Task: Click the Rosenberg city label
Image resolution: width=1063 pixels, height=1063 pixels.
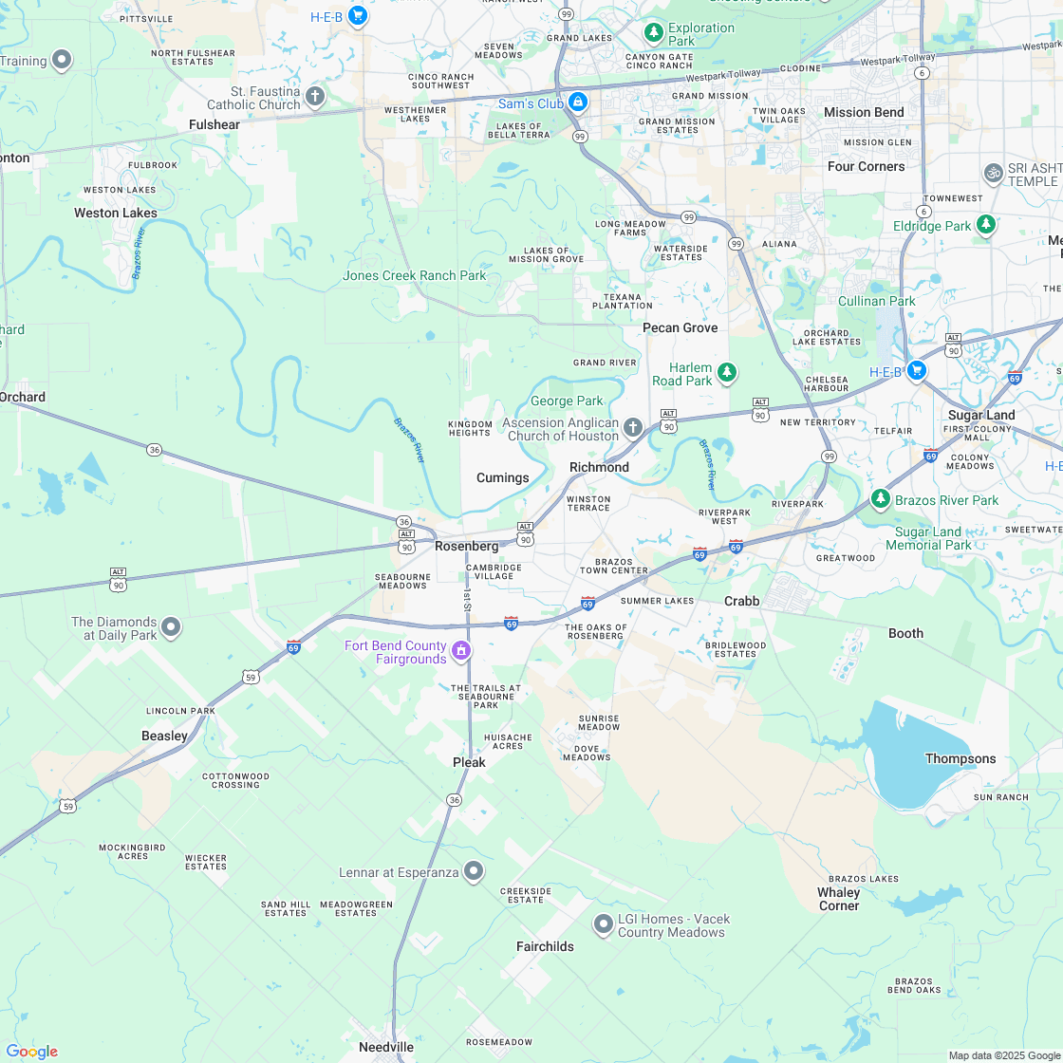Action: [x=466, y=547]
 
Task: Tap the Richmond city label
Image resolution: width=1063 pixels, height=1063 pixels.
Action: [x=599, y=467]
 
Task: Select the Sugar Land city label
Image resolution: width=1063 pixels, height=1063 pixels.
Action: [x=981, y=415]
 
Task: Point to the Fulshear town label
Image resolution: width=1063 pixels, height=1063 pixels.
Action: [x=214, y=124]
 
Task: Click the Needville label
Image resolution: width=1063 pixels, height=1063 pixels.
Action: [x=386, y=1047]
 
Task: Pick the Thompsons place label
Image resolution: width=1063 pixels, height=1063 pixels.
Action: [x=960, y=758]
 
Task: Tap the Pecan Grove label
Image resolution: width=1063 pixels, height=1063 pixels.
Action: [x=680, y=327]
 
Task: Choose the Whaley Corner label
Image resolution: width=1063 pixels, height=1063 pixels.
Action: [x=839, y=899]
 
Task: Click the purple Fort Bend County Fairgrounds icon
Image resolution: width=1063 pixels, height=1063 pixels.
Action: [x=461, y=650]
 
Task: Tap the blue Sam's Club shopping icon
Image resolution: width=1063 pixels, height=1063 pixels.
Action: [x=578, y=102]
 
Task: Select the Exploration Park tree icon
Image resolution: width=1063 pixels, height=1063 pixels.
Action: [x=653, y=33]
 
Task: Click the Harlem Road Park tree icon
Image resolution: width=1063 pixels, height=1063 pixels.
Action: [x=727, y=372]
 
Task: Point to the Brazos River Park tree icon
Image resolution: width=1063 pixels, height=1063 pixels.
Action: [x=881, y=498]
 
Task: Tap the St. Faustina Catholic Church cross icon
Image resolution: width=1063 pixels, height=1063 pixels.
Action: [x=315, y=96]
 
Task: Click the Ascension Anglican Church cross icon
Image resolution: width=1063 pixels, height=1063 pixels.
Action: [x=633, y=428]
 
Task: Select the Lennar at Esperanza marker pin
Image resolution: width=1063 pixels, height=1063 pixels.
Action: [x=474, y=871]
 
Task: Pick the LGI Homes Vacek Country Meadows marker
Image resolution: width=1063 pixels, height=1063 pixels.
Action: [x=603, y=923]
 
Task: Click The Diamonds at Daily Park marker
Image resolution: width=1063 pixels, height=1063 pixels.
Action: [x=171, y=626]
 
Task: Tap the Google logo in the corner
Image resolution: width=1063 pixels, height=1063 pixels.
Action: [x=31, y=1051]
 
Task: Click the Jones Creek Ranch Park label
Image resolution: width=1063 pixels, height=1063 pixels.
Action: [x=414, y=275]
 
